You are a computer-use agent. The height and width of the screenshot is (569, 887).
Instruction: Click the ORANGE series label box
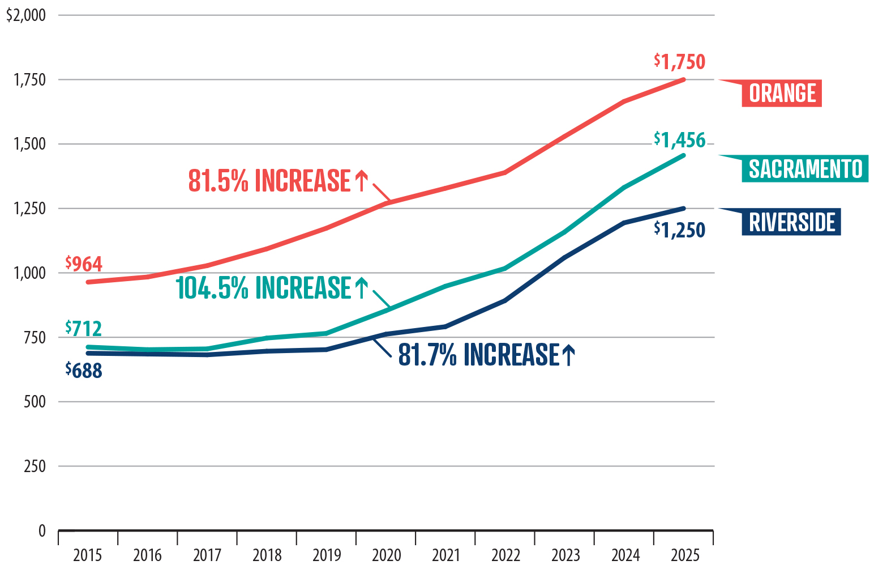[782, 94]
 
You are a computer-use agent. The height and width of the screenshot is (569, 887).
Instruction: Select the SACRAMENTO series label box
[804, 169]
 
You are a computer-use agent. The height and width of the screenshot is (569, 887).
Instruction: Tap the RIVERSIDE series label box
[791, 222]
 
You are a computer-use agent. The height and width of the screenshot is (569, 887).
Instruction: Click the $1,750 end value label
[679, 61]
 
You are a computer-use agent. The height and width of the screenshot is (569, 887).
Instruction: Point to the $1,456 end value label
[679, 139]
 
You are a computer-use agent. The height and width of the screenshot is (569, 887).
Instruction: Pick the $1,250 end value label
[679, 230]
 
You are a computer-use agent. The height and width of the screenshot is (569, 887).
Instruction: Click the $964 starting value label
[84, 264]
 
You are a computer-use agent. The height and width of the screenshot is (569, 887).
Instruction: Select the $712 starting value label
[84, 328]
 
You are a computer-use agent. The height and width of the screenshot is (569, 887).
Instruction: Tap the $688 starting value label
[84, 370]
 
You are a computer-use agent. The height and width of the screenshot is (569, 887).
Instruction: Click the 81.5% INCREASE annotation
[278, 181]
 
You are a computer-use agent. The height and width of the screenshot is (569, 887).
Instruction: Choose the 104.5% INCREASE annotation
[272, 287]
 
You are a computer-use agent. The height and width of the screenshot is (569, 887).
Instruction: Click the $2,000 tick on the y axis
[26, 15]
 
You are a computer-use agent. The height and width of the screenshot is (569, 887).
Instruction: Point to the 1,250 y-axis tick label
[30, 209]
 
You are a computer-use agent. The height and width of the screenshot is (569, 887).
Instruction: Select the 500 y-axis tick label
[35, 402]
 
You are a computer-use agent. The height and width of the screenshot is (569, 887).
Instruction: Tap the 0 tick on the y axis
[42, 531]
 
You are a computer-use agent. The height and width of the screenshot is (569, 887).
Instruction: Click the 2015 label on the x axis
[88, 555]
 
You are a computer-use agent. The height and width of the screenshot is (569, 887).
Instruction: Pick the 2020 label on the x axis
[386, 555]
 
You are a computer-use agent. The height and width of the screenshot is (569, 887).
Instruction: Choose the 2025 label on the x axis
[685, 555]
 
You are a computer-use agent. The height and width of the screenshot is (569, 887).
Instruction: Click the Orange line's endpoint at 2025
[684, 79]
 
